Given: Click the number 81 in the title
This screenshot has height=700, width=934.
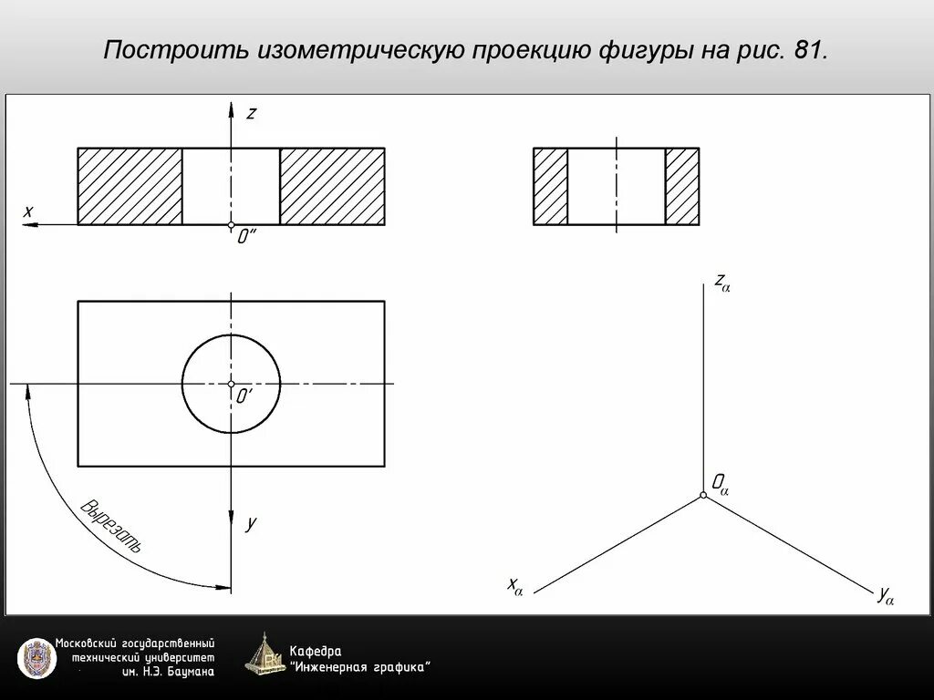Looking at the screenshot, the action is pyautogui.click(x=808, y=50).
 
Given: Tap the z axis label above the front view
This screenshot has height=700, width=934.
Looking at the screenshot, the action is pyautogui.click(x=252, y=113).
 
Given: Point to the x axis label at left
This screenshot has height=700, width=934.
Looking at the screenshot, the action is pyautogui.click(x=28, y=211).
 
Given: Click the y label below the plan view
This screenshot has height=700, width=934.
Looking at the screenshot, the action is pyautogui.click(x=251, y=523).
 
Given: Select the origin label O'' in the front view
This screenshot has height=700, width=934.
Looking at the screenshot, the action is pyautogui.click(x=246, y=237).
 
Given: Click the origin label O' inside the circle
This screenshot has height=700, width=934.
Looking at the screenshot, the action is pyautogui.click(x=244, y=397).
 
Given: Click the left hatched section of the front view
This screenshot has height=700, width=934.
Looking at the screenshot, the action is pyautogui.click(x=130, y=186).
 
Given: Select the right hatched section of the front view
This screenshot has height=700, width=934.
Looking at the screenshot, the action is pyautogui.click(x=332, y=186).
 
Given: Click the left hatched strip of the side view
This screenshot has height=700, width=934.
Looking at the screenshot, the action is pyautogui.click(x=550, y=186).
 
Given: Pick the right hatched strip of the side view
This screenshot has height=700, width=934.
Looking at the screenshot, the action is pyautogui.click(x=682, y=186).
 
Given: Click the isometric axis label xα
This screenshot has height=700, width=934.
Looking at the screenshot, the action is pyautogui.click(x=515, y=586).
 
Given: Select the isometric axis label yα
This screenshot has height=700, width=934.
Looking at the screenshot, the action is pyautogui.click(x=885, y=596).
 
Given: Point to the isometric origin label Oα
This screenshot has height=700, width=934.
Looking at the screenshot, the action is pyautogui.click(x=720, y=482).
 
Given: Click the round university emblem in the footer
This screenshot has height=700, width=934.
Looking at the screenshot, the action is pyautogui.click(x=36, y=657).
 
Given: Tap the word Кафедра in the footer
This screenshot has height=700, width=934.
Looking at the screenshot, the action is pyautogui.click(x=316, y=651).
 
